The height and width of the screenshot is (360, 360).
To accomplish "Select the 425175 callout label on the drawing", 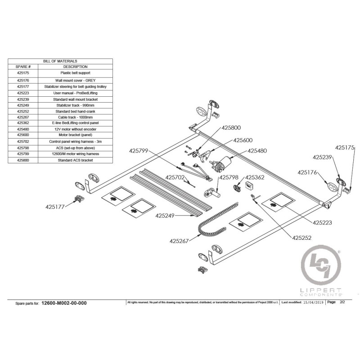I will pyautogui.click(x=345, y=147).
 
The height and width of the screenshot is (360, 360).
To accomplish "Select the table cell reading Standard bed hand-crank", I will pyautogui.click(x=75, y=111).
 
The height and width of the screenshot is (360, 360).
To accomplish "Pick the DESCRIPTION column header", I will pyautogui.click(x=75, y=67).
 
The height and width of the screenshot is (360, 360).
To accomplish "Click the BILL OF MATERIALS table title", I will pyautogui.click(x=60, y=60).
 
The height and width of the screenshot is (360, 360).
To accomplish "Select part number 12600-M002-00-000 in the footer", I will pyautogui.click(x=64, y=303).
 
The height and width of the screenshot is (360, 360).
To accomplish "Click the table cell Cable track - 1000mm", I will pyautogui.click(x=75, y=117).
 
